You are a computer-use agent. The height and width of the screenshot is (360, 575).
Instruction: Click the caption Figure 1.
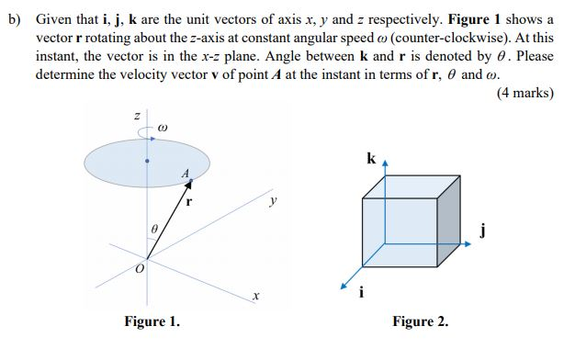pyautogui.click(x=152, y=321)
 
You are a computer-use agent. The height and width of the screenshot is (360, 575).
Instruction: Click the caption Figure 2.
pyautogui.click(x=420, y=321)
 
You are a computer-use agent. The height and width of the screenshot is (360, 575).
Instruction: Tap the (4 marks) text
pyautogui.click(x=524, y=93)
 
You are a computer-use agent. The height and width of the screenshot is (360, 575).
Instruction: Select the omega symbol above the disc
pyautogui.click(x=162, y=128)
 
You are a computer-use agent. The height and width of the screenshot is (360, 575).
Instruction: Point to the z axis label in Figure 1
pyautogui.click(x=136, y=117)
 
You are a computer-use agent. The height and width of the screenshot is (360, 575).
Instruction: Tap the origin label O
pyautogui.click(x=140, y=269)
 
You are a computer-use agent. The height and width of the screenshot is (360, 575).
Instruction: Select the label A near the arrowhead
pyautogui.click(x=186, y=173)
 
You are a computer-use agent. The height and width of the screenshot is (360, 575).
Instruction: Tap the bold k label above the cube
pyautogui.click(x=370, y=158)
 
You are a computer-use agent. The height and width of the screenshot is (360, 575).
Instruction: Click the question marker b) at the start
pyautogui.click(x=13, y=20)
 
